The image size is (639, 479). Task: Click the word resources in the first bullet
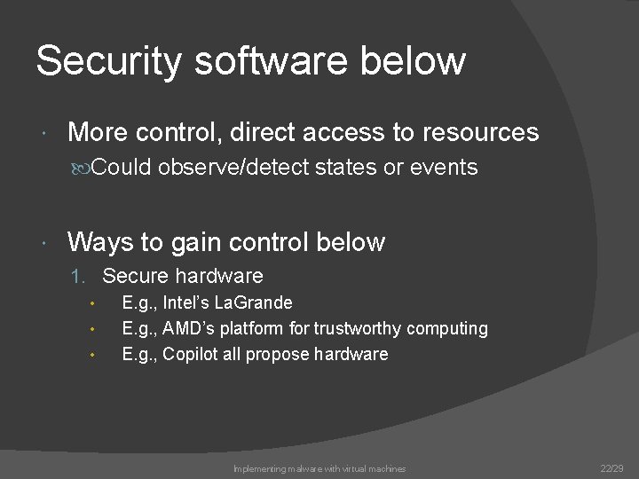tap(480, 132)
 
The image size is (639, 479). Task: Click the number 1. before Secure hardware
tap(80, 276)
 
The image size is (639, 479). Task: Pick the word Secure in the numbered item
tap(135, 276)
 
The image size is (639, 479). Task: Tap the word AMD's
tap(188, 328)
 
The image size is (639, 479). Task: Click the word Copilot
tap(193, 354)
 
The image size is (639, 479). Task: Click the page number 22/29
tap(612, 468)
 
